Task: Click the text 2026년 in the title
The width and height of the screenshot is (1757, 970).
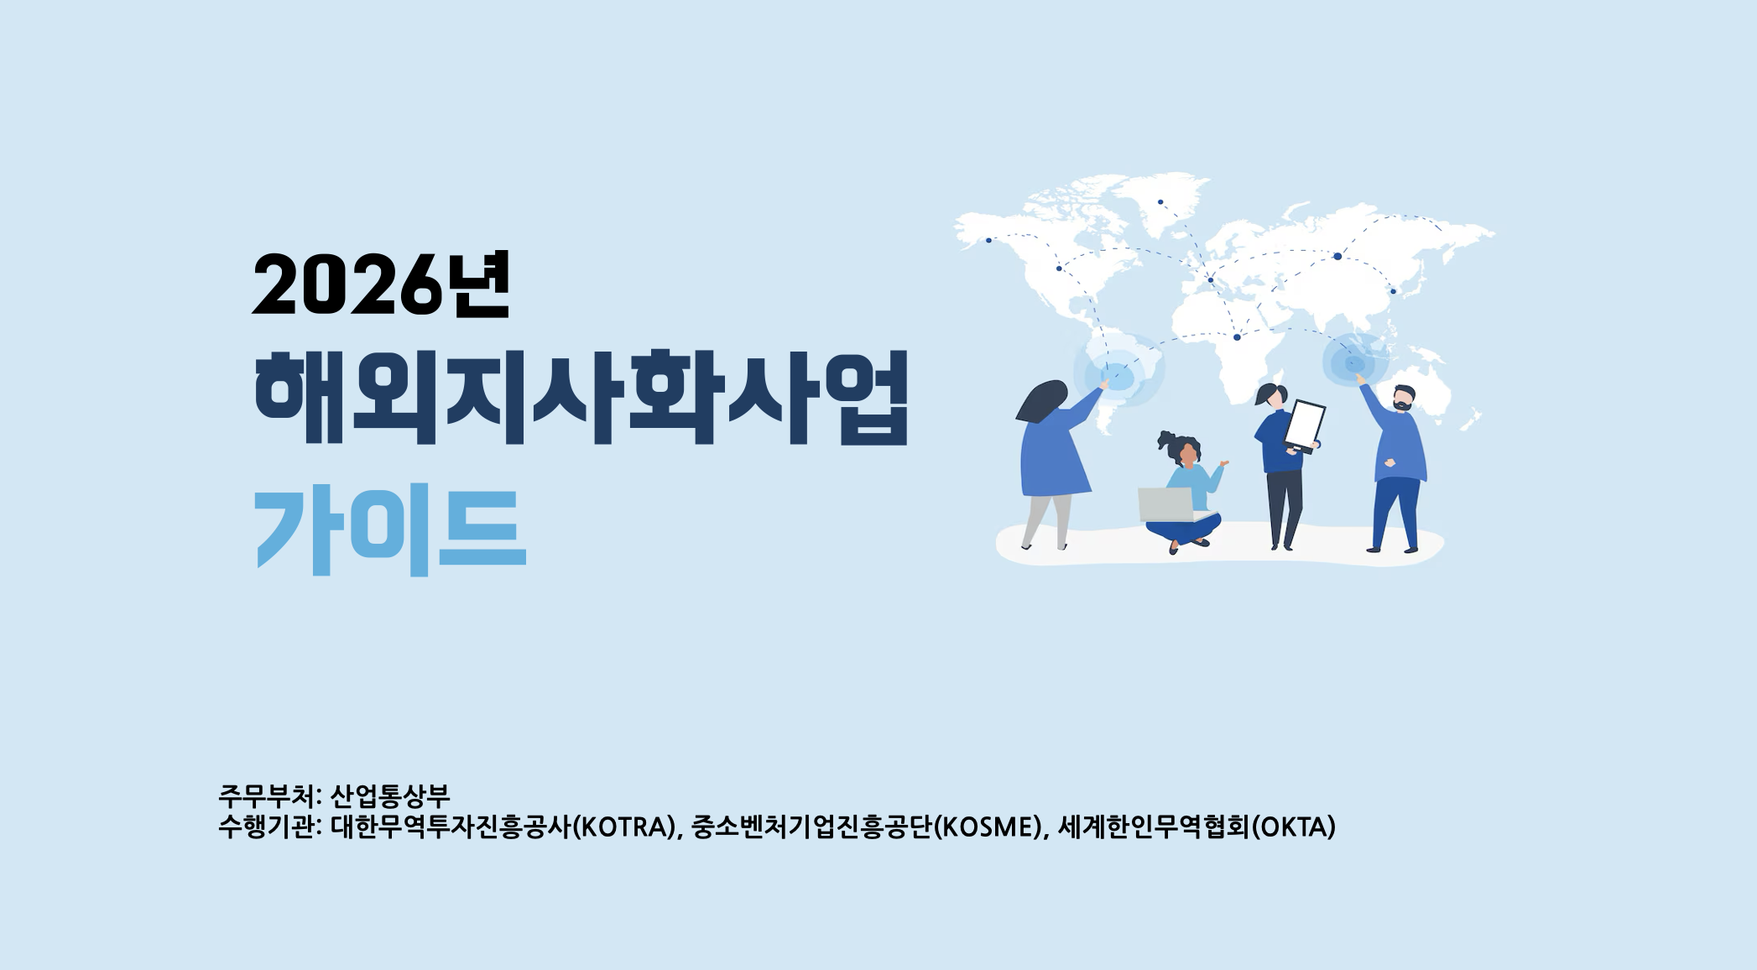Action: click(380, 285)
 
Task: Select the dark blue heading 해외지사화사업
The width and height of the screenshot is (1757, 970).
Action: click(581, 397)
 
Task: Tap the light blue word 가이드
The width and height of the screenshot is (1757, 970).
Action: click(390, 529)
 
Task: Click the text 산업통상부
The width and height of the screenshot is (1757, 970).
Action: click(390, 795)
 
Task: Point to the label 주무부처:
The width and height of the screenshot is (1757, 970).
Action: click(269, 795)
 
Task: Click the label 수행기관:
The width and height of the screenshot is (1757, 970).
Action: click(269, 827)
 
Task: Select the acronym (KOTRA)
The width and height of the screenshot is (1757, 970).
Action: click(623, 827)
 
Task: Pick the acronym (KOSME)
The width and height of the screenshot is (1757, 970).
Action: click(988, 827)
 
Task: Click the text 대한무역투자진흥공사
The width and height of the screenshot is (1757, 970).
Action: click(451, 827)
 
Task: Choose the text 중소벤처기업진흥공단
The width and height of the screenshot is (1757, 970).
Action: click(811, 827)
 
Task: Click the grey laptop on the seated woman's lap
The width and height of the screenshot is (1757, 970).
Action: click(1166, 503)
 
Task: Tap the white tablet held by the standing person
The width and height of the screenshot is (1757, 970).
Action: click(1305, 425)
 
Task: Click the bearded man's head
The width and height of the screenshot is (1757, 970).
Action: click(1403, 398)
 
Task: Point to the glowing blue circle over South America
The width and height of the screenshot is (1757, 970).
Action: click(1118, 371)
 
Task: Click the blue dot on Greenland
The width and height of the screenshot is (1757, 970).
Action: click(1160, 202)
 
